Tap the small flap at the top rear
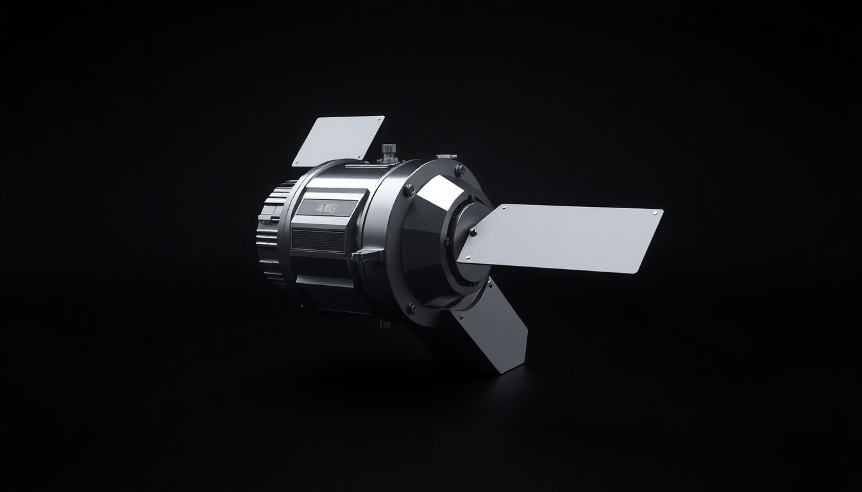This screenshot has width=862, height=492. point(338,140)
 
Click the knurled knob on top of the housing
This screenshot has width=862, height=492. point(388,152)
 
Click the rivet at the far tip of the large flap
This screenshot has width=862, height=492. point(654,212)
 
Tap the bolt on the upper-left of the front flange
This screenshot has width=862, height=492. point(409,189)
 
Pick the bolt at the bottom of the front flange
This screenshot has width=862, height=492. point(412,308)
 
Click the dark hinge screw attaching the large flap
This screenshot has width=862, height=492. point(473,231)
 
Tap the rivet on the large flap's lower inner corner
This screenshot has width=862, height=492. point(467,259)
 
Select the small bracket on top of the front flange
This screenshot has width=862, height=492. point(444,156)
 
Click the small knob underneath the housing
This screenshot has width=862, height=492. point(385,324)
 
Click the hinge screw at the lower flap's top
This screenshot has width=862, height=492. point(490,282)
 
